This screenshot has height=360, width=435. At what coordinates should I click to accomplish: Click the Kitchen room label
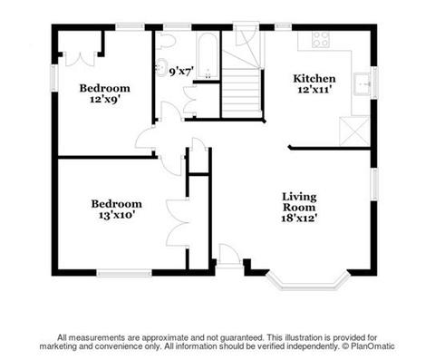point(314,79)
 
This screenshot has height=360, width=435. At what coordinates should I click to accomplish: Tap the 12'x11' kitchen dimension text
point(315,90)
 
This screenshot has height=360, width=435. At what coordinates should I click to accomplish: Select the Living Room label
point(299,202)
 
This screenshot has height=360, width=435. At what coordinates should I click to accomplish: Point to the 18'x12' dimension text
point(299,218)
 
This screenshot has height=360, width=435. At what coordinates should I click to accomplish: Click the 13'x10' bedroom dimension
point(117,215)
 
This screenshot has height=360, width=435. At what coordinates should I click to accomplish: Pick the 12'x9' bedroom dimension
point(105,100)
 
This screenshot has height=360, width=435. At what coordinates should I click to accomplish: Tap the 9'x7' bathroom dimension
point(181,72)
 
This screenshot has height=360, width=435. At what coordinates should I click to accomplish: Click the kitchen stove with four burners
point(321,40)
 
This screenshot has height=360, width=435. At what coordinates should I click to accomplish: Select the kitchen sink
point(362,83)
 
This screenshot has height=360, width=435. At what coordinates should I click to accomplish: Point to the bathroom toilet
point(165,41)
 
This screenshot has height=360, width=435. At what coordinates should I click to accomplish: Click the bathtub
point(208,55)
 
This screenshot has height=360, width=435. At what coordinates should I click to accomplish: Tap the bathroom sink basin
point(161,67)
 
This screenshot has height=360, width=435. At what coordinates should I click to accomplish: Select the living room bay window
point(308,282)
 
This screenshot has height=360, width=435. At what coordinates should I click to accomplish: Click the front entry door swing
point(228,256)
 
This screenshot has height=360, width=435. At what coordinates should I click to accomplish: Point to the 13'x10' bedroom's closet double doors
point(178,223)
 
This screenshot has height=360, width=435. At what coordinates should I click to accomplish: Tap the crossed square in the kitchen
point(354,131)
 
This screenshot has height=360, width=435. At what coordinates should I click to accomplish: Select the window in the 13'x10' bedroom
point(124,273)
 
